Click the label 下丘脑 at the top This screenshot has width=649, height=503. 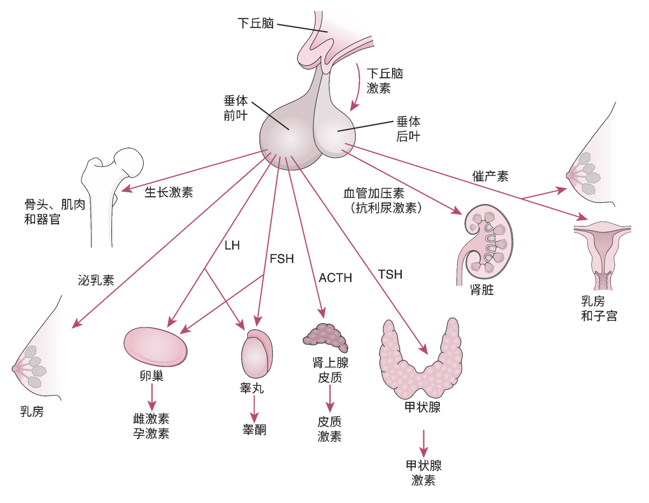[255, 23]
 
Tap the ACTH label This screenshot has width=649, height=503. [335, 278]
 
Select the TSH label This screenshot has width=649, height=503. [390, 274]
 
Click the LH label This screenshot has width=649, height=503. [232, 245]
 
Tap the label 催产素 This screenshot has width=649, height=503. [491, 176]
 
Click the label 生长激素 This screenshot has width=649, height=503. [169, 192]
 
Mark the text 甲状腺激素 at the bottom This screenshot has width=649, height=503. [423, 473]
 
